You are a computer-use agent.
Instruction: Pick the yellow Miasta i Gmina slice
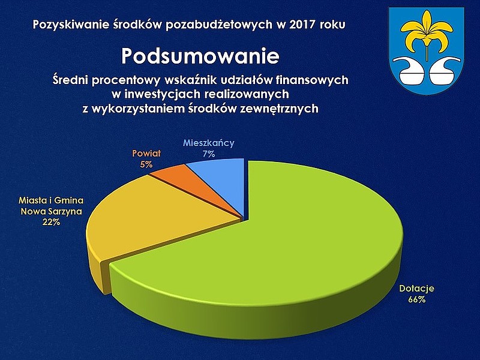147,220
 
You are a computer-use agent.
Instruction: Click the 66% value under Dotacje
416,299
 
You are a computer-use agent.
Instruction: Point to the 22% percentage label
52,222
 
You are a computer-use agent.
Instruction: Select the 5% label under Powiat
146,164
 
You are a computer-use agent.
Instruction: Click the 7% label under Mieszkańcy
209,154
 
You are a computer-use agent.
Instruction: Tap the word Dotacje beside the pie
416,289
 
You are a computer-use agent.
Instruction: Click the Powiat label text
146,154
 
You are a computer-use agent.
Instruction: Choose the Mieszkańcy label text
209,143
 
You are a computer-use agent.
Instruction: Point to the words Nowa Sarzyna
52,212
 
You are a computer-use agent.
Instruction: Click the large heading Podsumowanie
200,56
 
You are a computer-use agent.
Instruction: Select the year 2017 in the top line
302,25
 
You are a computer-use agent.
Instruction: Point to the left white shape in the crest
409,71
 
